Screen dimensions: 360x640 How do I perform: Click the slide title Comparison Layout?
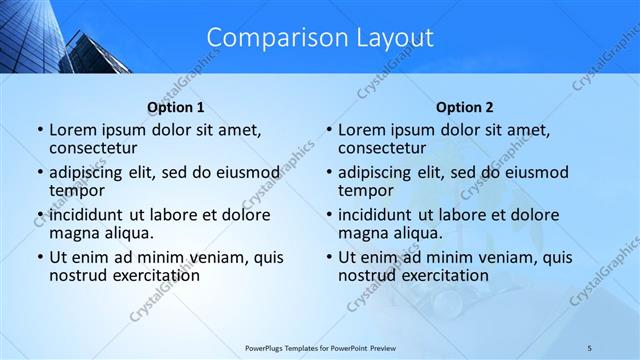[x=320, y=37]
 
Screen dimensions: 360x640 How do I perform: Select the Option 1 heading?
[x=176, y=107]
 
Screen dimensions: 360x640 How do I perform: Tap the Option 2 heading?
[x=465, y=107]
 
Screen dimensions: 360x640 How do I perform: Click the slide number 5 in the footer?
[x=590, y=347]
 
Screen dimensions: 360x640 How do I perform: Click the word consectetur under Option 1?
[x=92, y=148]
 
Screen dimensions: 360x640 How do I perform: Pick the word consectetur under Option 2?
[x=381, y=148]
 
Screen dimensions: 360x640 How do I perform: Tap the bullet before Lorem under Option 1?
[x=39, y=130]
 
